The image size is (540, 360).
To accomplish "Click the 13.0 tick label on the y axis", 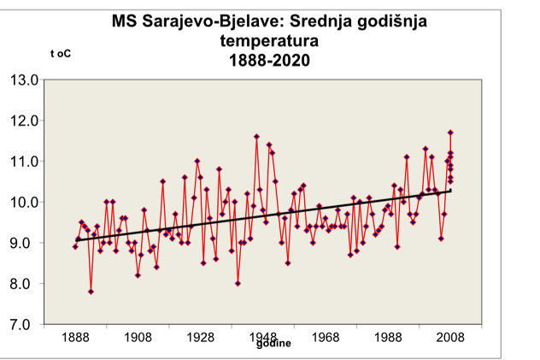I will coord(25,80).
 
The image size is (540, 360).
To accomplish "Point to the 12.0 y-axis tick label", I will coord(25,121).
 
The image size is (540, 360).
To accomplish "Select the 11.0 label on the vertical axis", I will coord(25,162).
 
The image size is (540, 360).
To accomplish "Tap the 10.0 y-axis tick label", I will coord(25,203).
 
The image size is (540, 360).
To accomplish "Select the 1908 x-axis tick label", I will coord(138,339).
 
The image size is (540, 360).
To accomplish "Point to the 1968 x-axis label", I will coord(326,339).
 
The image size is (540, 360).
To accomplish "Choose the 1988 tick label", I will coord(388,339).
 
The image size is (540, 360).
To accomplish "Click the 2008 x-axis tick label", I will coord(450,339).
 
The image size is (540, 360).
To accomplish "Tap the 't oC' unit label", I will coord(61,54).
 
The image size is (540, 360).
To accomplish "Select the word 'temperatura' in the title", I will coord(264,40).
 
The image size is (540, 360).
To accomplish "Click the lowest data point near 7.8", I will coord(91,292).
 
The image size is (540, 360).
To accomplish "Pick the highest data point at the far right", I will coord(450,133).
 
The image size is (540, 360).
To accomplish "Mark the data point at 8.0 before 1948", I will coord(238,283).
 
